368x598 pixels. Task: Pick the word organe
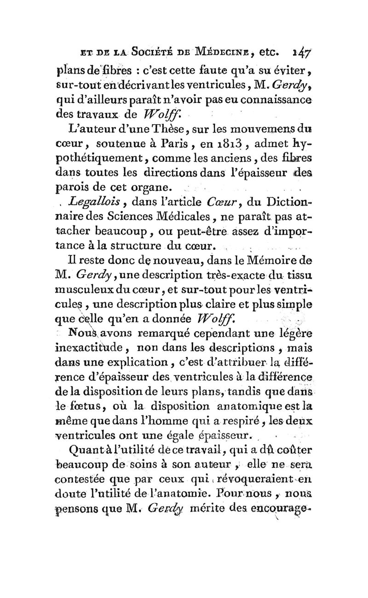tap(150, 187)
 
